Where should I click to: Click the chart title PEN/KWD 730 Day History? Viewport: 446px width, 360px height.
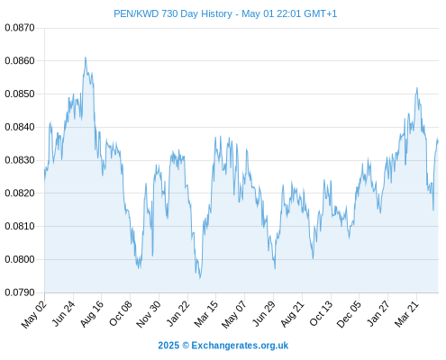[173, 13]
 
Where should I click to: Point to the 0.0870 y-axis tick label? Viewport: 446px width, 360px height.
[20, 28]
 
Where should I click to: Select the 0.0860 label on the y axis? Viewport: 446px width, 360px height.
[20, 61]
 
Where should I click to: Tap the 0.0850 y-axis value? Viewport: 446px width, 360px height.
[20, 94]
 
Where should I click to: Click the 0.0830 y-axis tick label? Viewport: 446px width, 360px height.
[20, 160]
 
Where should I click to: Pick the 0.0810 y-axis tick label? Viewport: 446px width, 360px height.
[20, 226]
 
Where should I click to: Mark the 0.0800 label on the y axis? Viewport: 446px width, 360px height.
[20, 259]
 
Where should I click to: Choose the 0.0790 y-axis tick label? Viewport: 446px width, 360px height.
[20, 292]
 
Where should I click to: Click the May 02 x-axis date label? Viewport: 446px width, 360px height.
[34, 314]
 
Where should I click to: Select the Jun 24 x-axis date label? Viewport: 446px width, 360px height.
[64, 313]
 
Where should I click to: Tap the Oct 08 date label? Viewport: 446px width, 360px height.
[121, 313]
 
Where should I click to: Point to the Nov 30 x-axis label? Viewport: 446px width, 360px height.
[149, 314]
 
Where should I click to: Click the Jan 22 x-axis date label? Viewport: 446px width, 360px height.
[178, 313]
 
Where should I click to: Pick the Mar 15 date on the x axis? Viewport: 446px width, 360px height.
[206, 313]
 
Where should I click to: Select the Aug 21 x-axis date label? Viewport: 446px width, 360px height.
[293, 314]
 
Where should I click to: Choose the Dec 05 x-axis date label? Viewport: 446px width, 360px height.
[350, 314]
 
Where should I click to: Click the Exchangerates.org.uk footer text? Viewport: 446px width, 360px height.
[240, 346]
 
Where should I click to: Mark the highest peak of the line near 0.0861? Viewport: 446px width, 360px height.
[86, 58]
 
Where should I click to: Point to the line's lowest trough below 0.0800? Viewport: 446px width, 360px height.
[200, 278]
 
